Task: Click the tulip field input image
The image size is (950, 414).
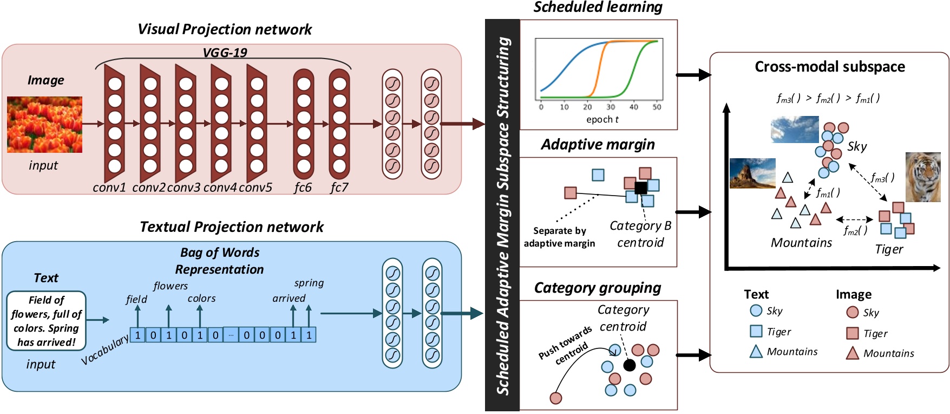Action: [x=44, y=125]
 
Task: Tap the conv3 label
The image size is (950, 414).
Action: [x=184, y=187]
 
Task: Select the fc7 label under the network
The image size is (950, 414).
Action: [x=339, y=187]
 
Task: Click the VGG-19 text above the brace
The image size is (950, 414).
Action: [x=224, y=53]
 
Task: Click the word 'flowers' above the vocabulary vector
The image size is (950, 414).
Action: [x=171, y=286]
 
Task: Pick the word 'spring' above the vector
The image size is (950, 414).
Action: [x=309, y=283]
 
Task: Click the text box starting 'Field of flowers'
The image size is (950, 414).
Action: [x=47, y=321]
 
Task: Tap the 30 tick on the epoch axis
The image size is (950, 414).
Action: [x=611, y=107]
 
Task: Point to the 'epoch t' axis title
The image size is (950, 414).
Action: [x=602, y=119]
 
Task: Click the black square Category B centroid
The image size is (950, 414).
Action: [x=640, y=188]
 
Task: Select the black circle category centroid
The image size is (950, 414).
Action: [x=629, y=365]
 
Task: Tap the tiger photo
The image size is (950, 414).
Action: [x=923, y=177]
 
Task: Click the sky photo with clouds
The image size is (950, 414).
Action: [x=795, y=130]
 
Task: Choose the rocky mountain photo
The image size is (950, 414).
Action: [x=752, y=173]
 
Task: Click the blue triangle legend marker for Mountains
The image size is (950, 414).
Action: [x=756, y=352]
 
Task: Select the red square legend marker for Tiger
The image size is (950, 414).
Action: [x=853, y=333]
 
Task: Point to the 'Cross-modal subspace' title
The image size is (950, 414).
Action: [x=829, y=67]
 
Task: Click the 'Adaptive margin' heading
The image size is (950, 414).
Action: [x=598, y=145]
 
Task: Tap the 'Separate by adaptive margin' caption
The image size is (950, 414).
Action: [x=559, y=237]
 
